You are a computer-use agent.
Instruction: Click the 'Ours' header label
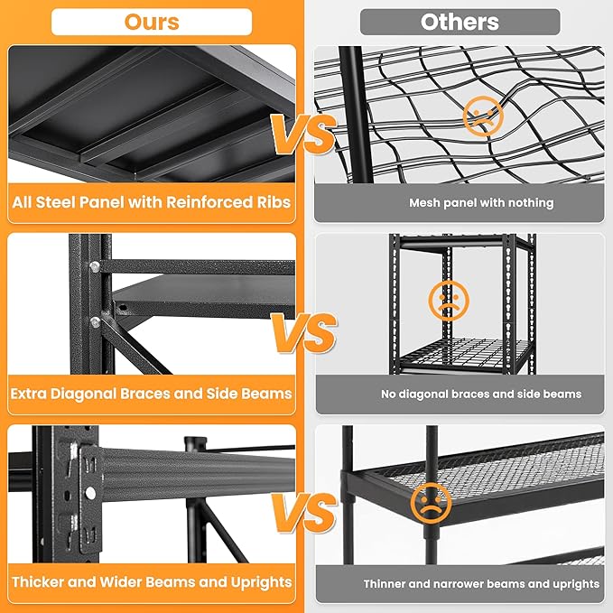tap(151, 21)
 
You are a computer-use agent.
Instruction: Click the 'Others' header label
tap(460, 22)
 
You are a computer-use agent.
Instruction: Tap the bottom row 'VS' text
tap(302, 517)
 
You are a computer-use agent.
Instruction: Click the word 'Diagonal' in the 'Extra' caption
tap(92, 394)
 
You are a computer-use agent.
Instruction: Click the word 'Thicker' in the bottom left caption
tap(41, 582)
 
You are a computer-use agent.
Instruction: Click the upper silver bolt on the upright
tap(93, 266)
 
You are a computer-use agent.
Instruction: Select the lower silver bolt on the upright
tap(93, 322)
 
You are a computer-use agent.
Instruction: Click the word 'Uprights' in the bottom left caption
tap(259, 582)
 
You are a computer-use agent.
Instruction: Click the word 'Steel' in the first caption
tap(63, 201)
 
